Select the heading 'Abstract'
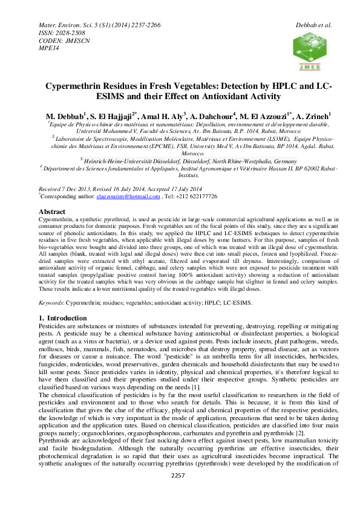point(52,212)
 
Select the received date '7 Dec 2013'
point(76,190)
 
